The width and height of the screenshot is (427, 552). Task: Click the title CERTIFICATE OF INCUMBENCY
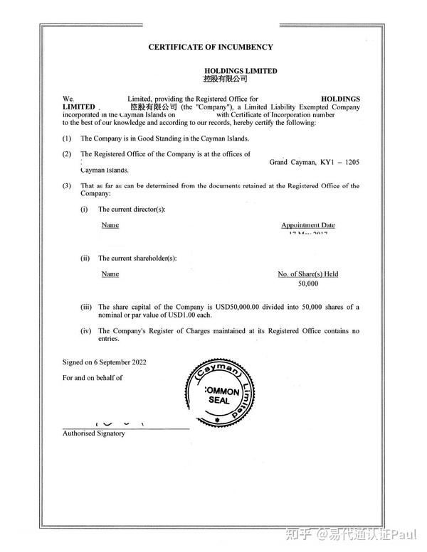click(x=210, y=47)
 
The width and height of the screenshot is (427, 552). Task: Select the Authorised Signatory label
click(x=93, y=433)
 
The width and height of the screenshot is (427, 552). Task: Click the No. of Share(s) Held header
click(x=307, y=274)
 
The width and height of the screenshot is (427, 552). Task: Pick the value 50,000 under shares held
click(x=308, y=283)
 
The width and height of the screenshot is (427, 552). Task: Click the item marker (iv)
click(x=86, y=330)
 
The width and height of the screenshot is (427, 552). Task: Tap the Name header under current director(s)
click(x=110, y=225)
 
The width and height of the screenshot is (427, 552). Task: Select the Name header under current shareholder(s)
click(x=110, y=274)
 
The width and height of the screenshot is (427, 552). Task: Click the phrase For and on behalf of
click(x=93, y=377)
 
